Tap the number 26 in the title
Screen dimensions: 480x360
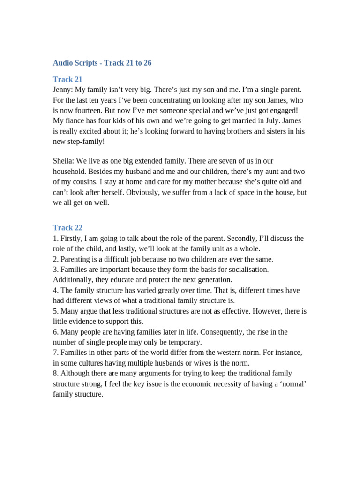click(147, 63)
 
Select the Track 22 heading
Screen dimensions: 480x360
click(67, 228)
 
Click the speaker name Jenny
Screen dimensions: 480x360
click(63, 90)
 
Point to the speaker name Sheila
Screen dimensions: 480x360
click(63, 161)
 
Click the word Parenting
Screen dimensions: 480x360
click(77, 259)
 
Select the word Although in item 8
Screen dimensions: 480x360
click(76, 374)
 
